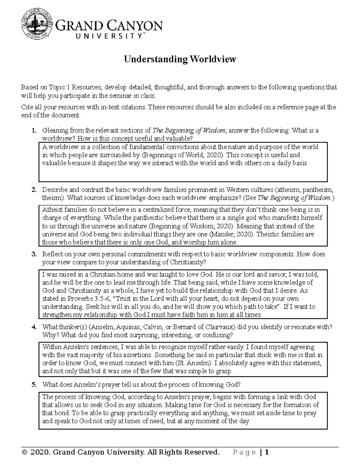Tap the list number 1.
tap(34, 131)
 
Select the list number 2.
tap(34, 190)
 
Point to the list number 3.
tap(34, 254)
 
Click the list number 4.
tap(34, 327)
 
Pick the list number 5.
tap(34, 385)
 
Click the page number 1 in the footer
tap(266, 452)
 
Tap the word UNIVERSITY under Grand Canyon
tap(109, 36)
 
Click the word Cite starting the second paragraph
tap(26, 107)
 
